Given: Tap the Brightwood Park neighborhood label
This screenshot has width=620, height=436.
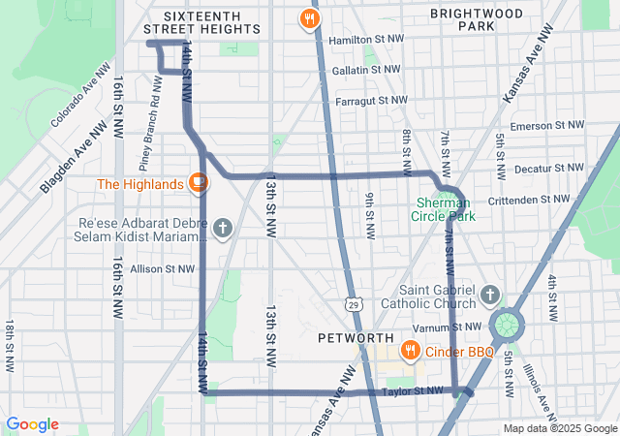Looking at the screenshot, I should [477, 20].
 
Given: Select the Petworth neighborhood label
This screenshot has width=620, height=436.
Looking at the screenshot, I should [355, 338].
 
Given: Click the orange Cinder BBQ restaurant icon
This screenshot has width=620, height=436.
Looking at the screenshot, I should [411, 351].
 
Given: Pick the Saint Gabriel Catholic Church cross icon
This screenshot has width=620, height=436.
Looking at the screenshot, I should [490, 294].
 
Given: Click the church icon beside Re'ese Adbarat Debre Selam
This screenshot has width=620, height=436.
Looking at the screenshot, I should [223, 229].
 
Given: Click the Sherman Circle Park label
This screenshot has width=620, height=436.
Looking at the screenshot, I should [446, 209].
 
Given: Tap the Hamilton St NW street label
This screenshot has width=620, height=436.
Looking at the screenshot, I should [365, 41].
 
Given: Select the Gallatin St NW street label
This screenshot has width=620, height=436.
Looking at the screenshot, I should [368, 70].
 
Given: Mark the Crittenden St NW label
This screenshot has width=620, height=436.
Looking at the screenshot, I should [535, 199].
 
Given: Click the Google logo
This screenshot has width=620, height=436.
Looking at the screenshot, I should [32, 424].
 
